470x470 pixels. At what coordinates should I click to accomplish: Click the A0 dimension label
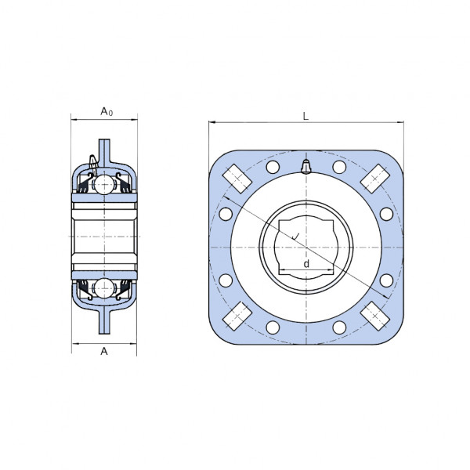pyautogui.click(x=107, y=111)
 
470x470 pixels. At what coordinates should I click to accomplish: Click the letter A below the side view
pyautogui.click(x=104, y=351)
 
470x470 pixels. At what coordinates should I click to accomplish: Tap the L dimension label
pyautogui.click(x=305, y=116)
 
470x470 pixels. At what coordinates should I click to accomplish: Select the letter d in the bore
pyautogui.click(x=306, y=264)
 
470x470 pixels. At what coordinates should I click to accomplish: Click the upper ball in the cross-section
pyautogui.click(x=104, y=185)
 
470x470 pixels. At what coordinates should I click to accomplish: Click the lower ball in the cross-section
pyautogui.click(x=104, y=288)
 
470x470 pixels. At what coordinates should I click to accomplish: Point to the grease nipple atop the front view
pyautogui.click(x=306, y=167)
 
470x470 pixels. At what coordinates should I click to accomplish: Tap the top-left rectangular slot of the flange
pyautogui.click(x=237, y=179)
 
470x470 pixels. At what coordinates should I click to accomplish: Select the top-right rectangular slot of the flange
pyautogui.click(x=375, y=179)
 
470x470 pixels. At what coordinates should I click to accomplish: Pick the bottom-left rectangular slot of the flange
pyautogui.click(x=237, y=316)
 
